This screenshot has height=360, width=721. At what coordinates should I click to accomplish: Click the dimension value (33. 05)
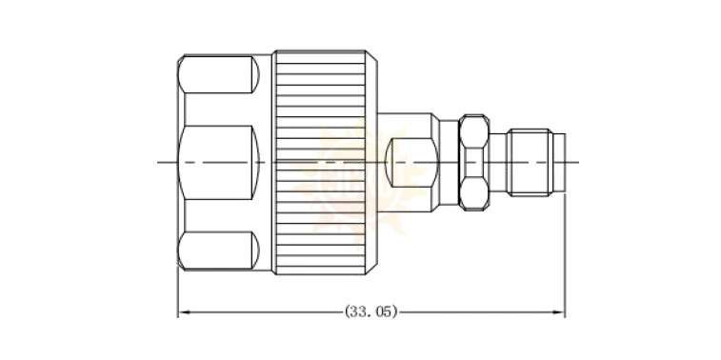pos(371,312)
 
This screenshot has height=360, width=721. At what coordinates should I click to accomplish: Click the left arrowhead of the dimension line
pos(184,312)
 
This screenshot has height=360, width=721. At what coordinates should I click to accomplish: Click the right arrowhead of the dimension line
pos(559,312)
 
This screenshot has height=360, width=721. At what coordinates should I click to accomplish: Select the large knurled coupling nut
pos(325,162)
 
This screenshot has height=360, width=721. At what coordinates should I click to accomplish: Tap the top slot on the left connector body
pos(218,74)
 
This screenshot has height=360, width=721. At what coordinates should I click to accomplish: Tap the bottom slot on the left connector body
pos(218,250)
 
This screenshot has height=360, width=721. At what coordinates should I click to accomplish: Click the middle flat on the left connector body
pos(218,162)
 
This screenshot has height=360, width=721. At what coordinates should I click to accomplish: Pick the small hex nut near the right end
pos(474,162)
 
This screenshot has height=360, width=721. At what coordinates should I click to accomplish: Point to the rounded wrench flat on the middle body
pos(411,162)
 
